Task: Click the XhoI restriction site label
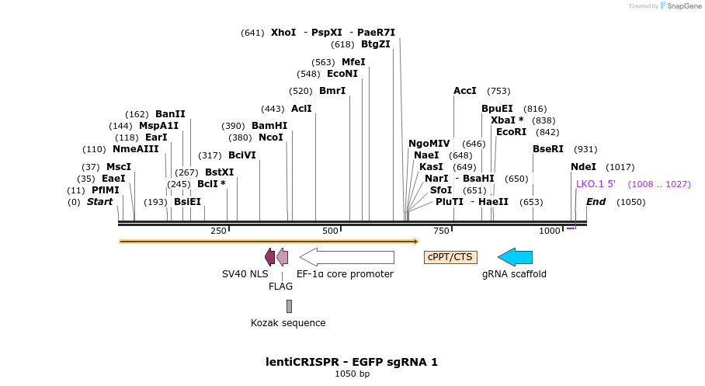[x=283, y=33]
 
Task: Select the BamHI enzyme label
[x=269, y=126]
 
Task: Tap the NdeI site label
[x=583, y=167]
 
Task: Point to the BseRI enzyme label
[x=548, y=149]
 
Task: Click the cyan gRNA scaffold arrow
[x=516, y=257]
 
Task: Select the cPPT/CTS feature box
[x=450, y=257]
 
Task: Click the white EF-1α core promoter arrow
[x=347, y=257]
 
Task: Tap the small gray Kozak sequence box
[x=289, y=306]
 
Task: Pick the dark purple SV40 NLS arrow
[x=269, y=257]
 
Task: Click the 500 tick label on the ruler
[x=331, y=231]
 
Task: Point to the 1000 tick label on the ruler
[x=550, y=231]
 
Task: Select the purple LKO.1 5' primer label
[x=596, y=184]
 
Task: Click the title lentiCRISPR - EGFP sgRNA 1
[x=352, y=362]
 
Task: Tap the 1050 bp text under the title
[x=352, y=374]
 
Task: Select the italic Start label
[x=99, y=202]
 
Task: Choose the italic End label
[x=596, y=202]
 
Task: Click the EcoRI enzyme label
[x=511, y=132]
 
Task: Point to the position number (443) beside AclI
[x=273, y=109]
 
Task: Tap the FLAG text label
[x=280, y=286]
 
